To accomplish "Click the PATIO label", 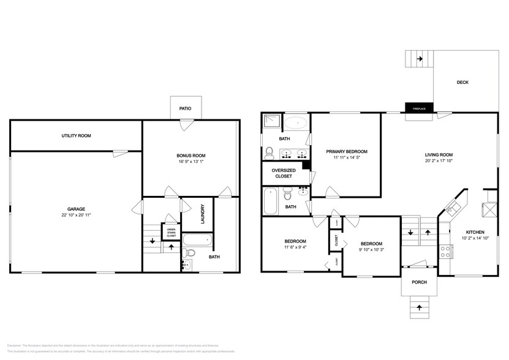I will pyautogui.click(x=185, y=108).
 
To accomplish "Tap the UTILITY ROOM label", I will pyautogui.click(x=76, y=135).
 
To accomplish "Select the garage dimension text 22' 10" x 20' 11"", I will pyautogui.click(x=76, y=216).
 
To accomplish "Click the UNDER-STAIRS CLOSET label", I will pyautogui.click(x=172, y=232).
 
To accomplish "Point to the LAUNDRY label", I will pyautogui.click(x=202, y=214).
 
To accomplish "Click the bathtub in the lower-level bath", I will pyautogui.click(x=197, y=240).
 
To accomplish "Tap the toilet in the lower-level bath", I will pyautogui.click(x=190, y=253).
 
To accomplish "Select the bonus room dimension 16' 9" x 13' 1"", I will pyautogui.click(x=191, y=162).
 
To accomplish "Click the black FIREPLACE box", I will pyautogui.click(x=419, y=108).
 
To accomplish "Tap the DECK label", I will pyautogui.click(x=462, y=82).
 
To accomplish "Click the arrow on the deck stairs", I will pyautogui.click(x=420, y=59).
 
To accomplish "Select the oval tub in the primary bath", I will pyautogui.click(x=296, y=122).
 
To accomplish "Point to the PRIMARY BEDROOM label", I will pyautogui.click(x=347, y=151).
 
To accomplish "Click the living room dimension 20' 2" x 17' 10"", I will pyautogui.click(x=439, y=162).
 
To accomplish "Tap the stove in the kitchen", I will pyautogui.click(x=445, y=250).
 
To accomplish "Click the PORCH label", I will pyautogui.click(x=419, y=282).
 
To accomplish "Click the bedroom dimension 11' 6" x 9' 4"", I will pyautogui.click(x=295, y=248).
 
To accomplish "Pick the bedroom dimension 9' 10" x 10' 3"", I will pyautogui.click(x=371, y=249).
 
